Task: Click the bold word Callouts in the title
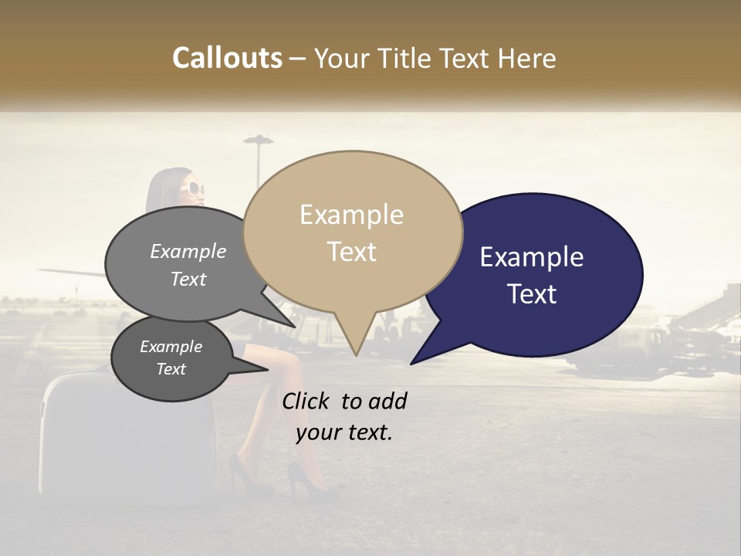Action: click(x=227, y=58)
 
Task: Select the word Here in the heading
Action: click(x=526, y=58)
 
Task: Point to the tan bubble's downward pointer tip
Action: click(x=356, y=354)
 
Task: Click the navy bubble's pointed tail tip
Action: click(x=412, y=362)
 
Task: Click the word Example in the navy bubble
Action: click(x=532, y=257)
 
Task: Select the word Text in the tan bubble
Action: click(x=352, y=252)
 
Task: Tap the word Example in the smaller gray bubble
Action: click(x=171, y=347)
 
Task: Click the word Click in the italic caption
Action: click(x=306, y=401)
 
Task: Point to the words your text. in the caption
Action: click(x=344, y=432)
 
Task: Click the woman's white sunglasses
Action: click(x=195, y=188)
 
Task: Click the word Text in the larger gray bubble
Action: click(x=188, y=279)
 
